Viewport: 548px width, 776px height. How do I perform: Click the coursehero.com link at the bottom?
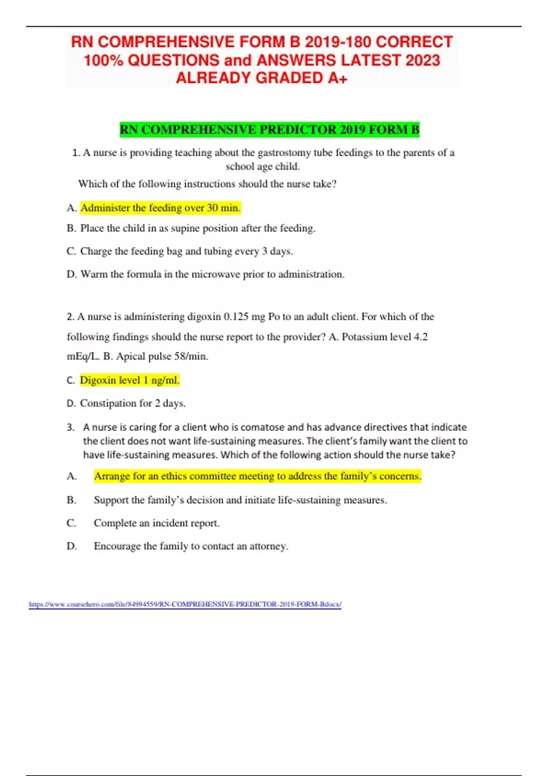tap(185, 604)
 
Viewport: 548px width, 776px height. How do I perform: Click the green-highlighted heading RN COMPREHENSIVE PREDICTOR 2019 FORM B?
tap(269, 130)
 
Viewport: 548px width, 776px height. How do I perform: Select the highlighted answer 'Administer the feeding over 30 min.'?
tap(160, 208)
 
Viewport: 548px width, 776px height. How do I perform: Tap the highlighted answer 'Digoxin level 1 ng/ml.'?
tap(130, 380)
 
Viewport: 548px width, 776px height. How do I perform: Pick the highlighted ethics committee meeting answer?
tap(258, 476)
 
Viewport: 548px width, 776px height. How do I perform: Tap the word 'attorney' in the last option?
tap(268, 546)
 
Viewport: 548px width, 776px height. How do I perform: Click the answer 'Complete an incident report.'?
tap(157, 523)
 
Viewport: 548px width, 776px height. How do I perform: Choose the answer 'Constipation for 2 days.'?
tap(132, 404)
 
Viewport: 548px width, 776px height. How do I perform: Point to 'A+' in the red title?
tap(337, 79)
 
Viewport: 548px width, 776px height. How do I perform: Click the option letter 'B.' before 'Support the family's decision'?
tap(71, 500)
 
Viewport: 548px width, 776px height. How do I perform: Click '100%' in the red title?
tap(103, 60)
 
